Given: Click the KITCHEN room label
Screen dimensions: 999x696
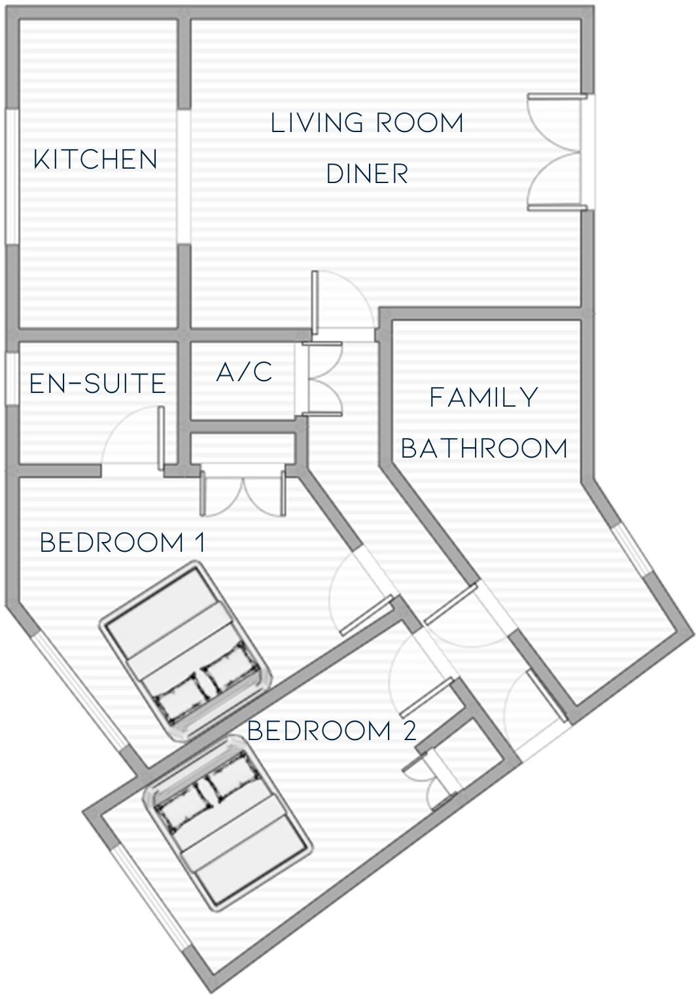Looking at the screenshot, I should tap(96, 160).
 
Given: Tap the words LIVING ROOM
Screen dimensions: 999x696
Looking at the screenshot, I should tap(367, 123).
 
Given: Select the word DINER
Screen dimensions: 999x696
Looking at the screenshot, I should tap(367, 174).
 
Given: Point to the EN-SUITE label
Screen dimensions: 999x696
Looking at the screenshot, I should tap(98, 383).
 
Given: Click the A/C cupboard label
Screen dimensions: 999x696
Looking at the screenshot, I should tap(245, 372).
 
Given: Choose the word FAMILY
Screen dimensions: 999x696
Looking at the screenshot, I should tap(483, 398).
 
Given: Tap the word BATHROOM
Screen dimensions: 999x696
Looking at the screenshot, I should tap(484, 449).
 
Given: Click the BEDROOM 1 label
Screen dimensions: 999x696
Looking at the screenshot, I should tap(123, 543).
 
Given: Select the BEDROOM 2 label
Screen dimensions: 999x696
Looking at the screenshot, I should tap(332, 731).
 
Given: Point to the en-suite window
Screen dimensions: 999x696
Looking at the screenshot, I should tap(11, 377).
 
